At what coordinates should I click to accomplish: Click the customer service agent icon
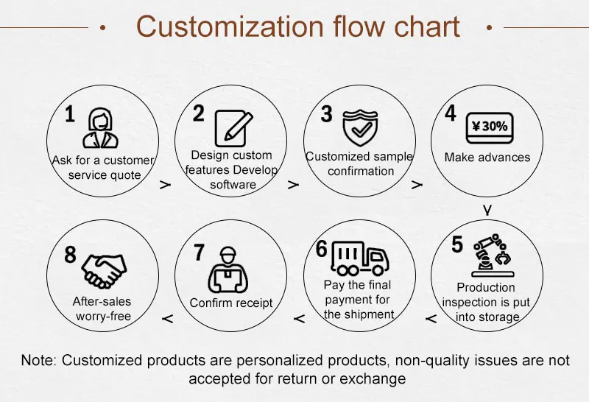tap(100, 128)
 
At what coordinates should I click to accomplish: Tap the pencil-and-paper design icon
tap(233, 128)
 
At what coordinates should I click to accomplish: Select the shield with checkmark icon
tap(360, 127)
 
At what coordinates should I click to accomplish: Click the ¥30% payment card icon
tap(490, 128)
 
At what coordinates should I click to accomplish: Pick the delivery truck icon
tap(360, 258)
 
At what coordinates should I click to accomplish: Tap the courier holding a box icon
tap(228, 269)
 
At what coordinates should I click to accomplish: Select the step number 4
tap(450, 113)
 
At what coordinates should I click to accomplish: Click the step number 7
tap(199, 252)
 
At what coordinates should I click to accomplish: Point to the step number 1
tap(70, 113)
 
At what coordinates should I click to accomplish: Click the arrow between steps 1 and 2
tap(165, 185)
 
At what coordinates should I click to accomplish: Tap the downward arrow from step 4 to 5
tap(487, 210)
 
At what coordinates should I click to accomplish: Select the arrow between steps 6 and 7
tap(299, 319)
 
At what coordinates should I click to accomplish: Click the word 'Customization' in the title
tap(230, 27)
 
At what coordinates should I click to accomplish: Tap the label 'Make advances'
tap(487, 157)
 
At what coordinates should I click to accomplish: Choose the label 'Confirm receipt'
tap(231, 303)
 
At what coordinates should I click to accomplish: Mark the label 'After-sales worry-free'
tap(102, 308)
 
